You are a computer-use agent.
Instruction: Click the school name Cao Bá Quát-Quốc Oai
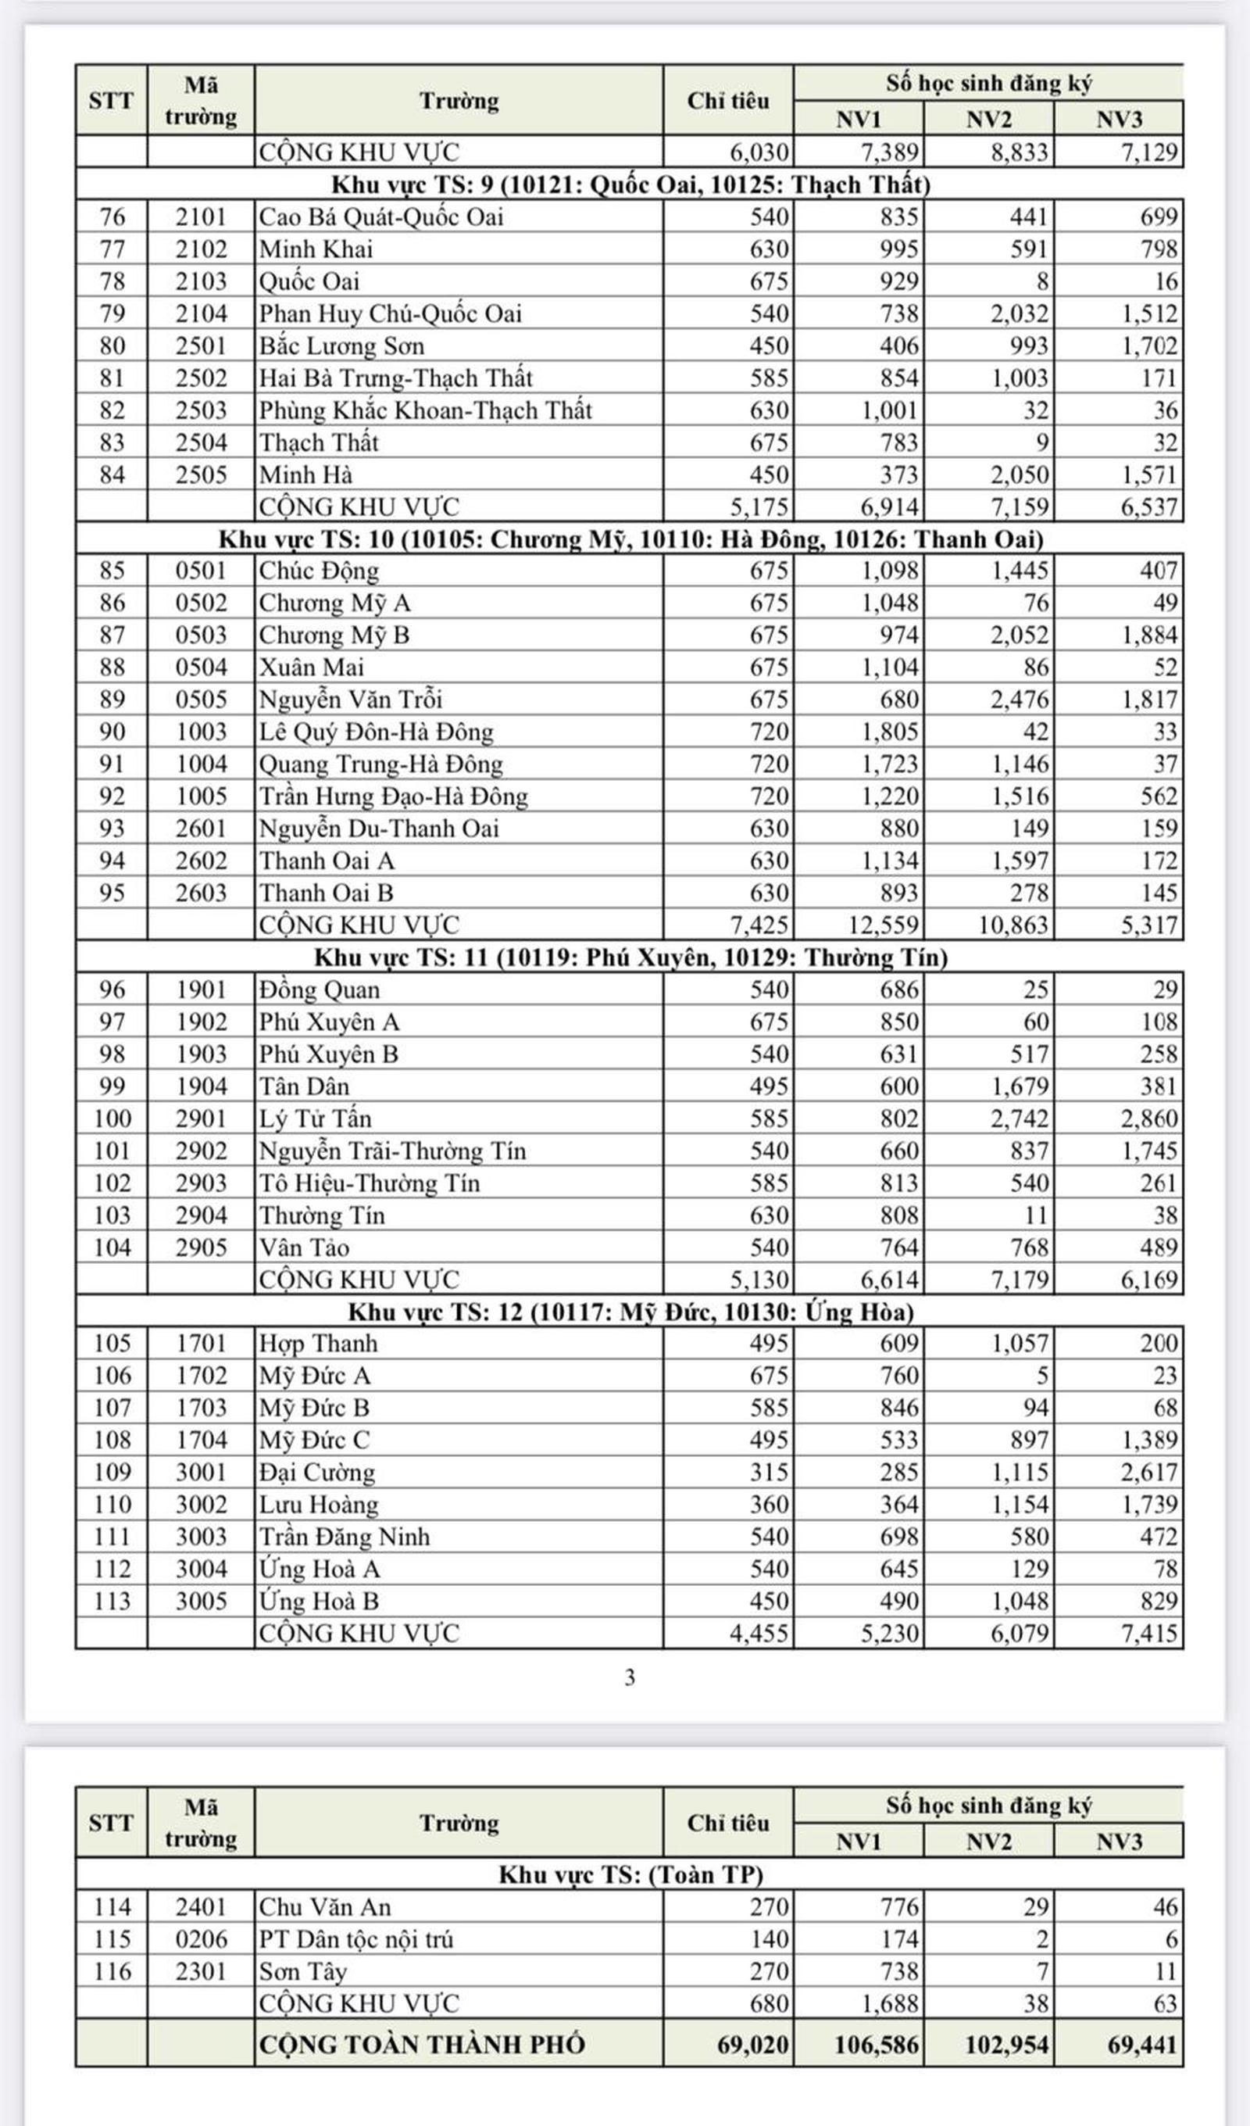[380, 217]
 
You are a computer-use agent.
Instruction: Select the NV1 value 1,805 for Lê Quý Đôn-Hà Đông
[889, 732]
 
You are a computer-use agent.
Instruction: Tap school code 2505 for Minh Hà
[201, 475]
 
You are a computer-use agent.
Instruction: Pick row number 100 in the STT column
[112, 1118]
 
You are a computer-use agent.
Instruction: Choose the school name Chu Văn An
[325, 1906]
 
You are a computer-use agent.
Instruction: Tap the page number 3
[629, 1678]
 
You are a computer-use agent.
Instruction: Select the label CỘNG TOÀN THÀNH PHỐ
[421, 2044]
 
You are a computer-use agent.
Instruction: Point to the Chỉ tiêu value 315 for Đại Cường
[769, 1472]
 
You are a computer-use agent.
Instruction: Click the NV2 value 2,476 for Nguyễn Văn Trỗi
[1019, 700]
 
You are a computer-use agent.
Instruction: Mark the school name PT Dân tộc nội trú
[355, 1938]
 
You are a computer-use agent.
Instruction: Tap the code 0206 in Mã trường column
[201, 1938]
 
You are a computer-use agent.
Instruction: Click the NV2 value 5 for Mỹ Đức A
[1041, 1376]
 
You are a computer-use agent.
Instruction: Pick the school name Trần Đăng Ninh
[344, 1537]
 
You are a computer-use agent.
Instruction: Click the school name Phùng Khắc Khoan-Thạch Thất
[425, 410]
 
